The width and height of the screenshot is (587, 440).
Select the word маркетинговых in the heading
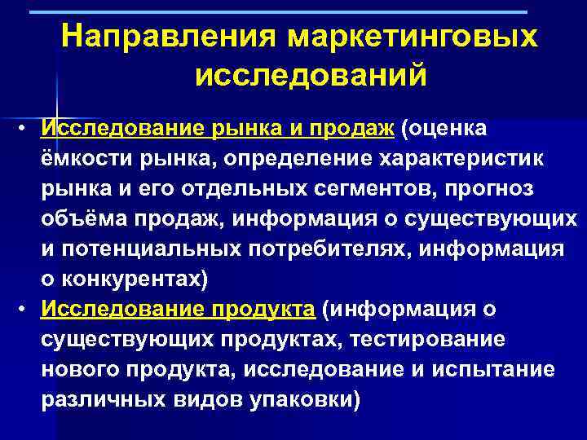point(410,37)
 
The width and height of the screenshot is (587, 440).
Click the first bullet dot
point(27,128)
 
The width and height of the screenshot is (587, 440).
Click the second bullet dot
point(27,309)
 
